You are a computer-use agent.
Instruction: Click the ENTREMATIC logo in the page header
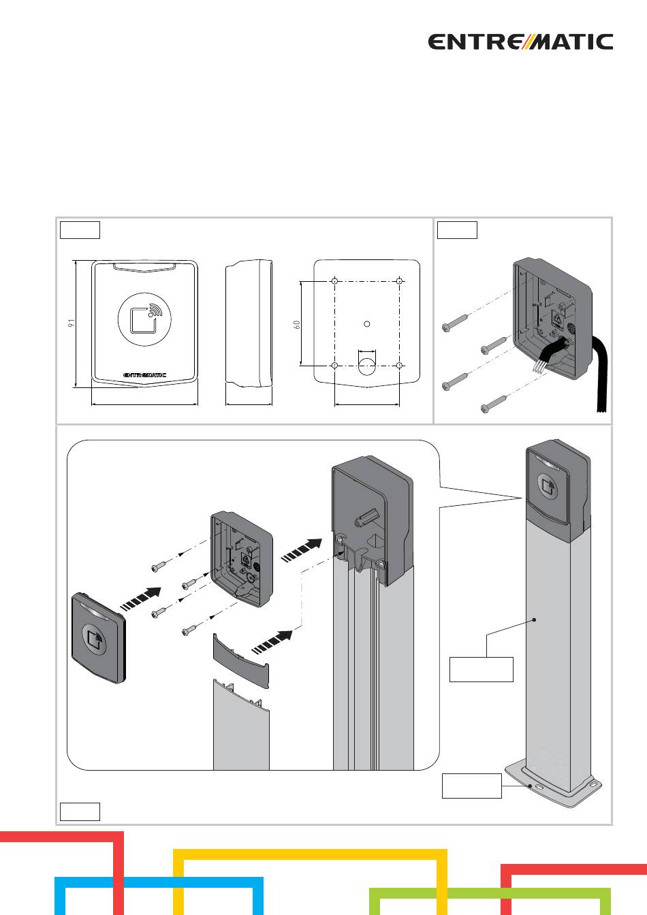pos(520,42)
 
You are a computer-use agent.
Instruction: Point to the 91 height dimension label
pos(72,323)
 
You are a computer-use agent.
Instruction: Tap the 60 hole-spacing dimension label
pos(297,324)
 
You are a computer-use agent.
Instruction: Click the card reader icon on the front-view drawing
pos(144,319)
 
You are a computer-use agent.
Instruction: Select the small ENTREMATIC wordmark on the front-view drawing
pos(144,374)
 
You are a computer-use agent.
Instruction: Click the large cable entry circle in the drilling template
pos(367,365)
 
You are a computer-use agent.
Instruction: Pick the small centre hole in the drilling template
pos(367,323)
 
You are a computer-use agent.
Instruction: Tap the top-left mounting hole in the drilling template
pos(335,281)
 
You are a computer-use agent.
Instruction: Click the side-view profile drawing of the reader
pos(249,323)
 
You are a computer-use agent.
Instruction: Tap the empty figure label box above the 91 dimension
pos(80,230)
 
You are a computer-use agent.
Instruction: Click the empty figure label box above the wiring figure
pos(458,230)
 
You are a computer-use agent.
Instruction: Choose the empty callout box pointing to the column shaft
pos(482,669)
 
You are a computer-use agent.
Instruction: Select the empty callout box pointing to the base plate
pos(472,786)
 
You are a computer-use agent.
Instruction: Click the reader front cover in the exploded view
pos(99,638)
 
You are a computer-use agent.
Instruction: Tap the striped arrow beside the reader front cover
pos(141,599)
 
